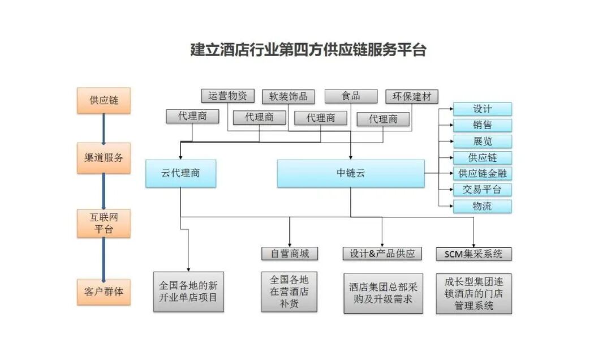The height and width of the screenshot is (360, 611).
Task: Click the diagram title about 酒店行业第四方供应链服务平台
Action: pos(308,50)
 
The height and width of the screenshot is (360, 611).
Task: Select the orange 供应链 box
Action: pos(104,100)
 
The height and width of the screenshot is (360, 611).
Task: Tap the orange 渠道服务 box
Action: pos(104,158)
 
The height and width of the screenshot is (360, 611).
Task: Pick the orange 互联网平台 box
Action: pos(104,223)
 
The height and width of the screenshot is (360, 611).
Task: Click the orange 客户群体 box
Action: pos(104,292)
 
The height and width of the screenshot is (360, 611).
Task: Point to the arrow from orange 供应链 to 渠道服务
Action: pos(104,128)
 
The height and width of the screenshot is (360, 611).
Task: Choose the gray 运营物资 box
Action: pos(227,96)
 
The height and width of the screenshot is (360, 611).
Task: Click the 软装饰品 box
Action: pos(288,96)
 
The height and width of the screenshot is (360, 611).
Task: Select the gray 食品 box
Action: pos(351,96)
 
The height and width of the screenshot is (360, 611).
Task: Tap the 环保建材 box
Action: pos(411,96)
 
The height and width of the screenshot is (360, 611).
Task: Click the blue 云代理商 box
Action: pos(180,173)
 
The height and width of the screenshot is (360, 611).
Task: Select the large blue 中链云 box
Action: pos(350,173)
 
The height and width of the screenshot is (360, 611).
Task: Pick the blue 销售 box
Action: pos(482,125)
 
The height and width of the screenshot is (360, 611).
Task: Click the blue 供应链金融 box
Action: pos(482,173)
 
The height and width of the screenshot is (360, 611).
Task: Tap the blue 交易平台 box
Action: pos(482,190)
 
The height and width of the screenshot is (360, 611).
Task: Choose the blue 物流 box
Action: pos(482,206)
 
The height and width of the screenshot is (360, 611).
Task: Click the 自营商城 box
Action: pos(290,254)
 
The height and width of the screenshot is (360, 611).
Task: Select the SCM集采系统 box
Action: pos(474,254)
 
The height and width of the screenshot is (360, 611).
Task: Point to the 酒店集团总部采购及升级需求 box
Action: pos(383,293)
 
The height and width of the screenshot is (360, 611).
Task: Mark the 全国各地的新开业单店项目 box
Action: pos(188,292)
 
